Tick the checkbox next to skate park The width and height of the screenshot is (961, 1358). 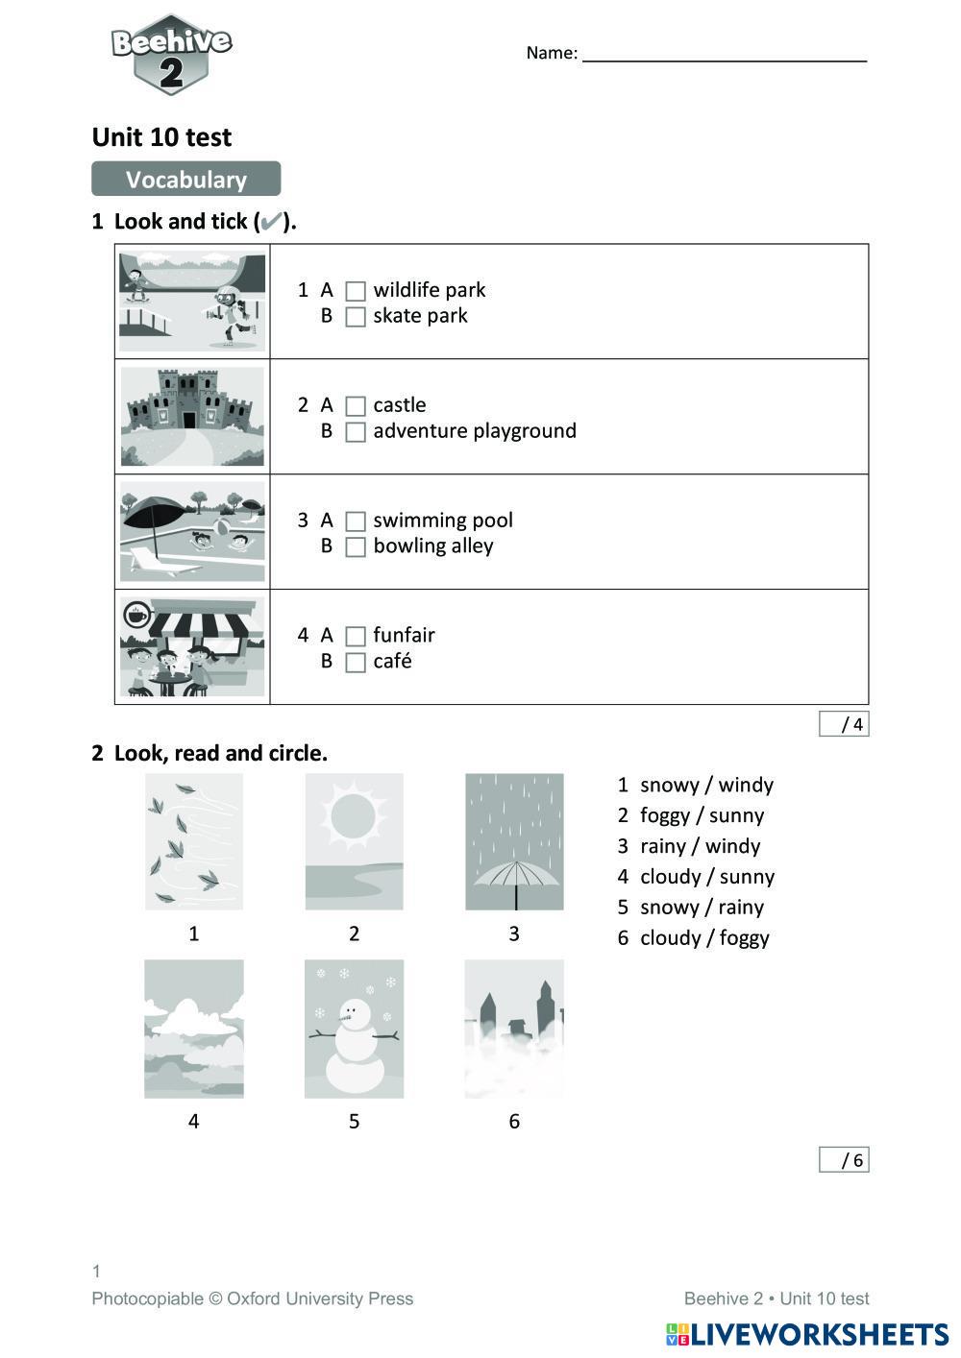pos(356,317)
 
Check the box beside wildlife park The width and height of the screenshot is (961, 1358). pos(356,291)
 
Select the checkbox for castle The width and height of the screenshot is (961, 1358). pos(356,406)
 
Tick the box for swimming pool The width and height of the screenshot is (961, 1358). pos(356,521)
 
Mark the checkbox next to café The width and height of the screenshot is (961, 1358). pos(356,663)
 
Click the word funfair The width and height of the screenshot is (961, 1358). pos(404,635)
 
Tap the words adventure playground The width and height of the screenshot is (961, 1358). pos(475,431)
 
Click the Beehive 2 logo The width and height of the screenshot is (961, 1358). pos(171,54)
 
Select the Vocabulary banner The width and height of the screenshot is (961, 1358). pos(185,180)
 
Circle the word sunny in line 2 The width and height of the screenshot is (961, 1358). pos(735,815)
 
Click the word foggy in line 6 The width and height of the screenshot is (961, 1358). pos(744,938)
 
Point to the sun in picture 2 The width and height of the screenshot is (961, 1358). pos(353,816)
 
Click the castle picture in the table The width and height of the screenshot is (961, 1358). pos(192,416)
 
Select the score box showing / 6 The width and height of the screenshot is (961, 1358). pos(844,1160)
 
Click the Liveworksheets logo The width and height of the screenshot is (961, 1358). pos(807,1334)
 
